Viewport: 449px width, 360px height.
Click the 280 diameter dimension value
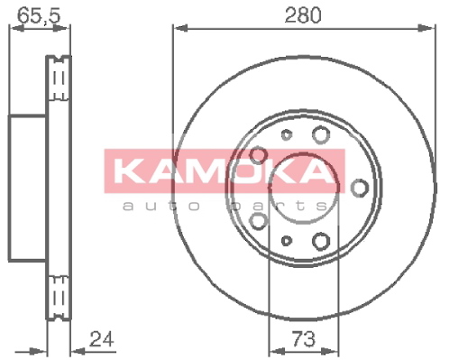(303, 15)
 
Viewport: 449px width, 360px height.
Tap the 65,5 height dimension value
(39, 15)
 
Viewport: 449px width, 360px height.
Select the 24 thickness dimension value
(102, 339)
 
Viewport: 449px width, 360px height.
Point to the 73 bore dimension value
(304, 339)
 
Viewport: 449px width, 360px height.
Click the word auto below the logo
(161, 205)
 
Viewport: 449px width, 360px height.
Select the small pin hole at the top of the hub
(287, 134)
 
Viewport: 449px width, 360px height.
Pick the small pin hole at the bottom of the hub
(287, 240)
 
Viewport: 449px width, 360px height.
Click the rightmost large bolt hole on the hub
(360, 188)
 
